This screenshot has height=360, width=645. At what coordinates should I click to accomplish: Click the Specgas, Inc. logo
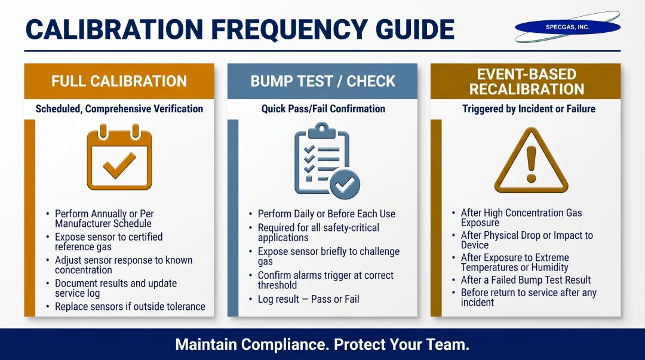(567, 27)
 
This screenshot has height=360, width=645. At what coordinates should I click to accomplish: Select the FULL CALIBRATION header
(119, 81)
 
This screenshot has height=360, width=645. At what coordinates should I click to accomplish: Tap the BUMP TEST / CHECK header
(322, 81)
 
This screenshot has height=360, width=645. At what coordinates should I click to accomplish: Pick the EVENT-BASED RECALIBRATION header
(526, 82)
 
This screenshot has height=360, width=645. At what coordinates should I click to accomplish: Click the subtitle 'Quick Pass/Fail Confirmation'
(323, 109)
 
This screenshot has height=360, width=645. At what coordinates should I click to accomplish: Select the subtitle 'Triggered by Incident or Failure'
(529, 109)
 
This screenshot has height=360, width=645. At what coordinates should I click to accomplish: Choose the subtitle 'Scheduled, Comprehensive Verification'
(119, 109)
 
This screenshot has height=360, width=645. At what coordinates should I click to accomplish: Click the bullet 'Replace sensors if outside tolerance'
(130, 306)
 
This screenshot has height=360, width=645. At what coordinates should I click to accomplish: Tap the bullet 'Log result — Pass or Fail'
(308, 299)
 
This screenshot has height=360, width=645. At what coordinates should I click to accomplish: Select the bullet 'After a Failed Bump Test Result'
(526, 280)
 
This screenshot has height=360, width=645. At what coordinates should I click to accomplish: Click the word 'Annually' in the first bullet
(108, 214)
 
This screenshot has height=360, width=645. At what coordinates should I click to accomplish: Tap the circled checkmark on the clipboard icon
(345, 184)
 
